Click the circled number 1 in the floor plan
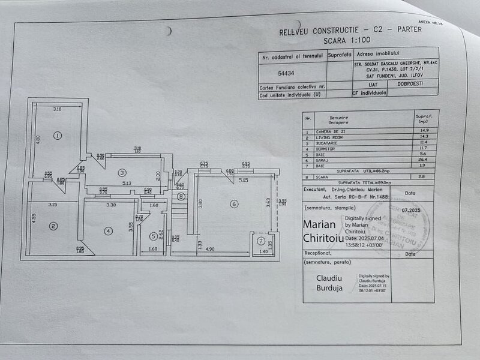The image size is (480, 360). pos(57,135)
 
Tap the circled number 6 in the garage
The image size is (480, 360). pos(233,204)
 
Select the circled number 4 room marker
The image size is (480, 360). pos(108,230)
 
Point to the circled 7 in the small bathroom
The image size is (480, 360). pos(260,241)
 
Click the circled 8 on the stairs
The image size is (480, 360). pos(181,196)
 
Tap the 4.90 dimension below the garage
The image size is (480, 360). pos(209,248)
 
